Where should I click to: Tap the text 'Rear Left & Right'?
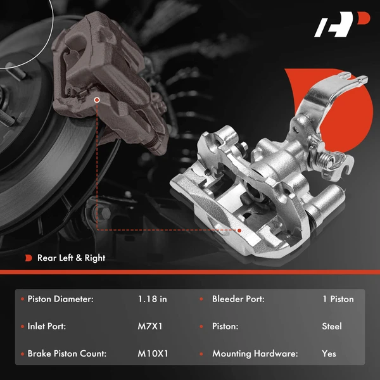(71, 258)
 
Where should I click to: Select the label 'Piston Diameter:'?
(61, 299)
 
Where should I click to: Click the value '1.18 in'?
(152, 299)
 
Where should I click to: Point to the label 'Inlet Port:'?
(47, 326)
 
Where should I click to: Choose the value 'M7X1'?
(149, 326)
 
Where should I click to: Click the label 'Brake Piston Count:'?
(67, 354)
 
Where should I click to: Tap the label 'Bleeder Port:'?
(238, 299)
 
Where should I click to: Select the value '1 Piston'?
(338, 299)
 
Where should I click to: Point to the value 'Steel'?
(332, 326)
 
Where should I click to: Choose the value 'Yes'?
(329, 354)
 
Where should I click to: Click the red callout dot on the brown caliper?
(96, 99)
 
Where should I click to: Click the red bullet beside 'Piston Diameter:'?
(22, 299)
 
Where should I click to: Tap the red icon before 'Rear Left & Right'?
(28, 258)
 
